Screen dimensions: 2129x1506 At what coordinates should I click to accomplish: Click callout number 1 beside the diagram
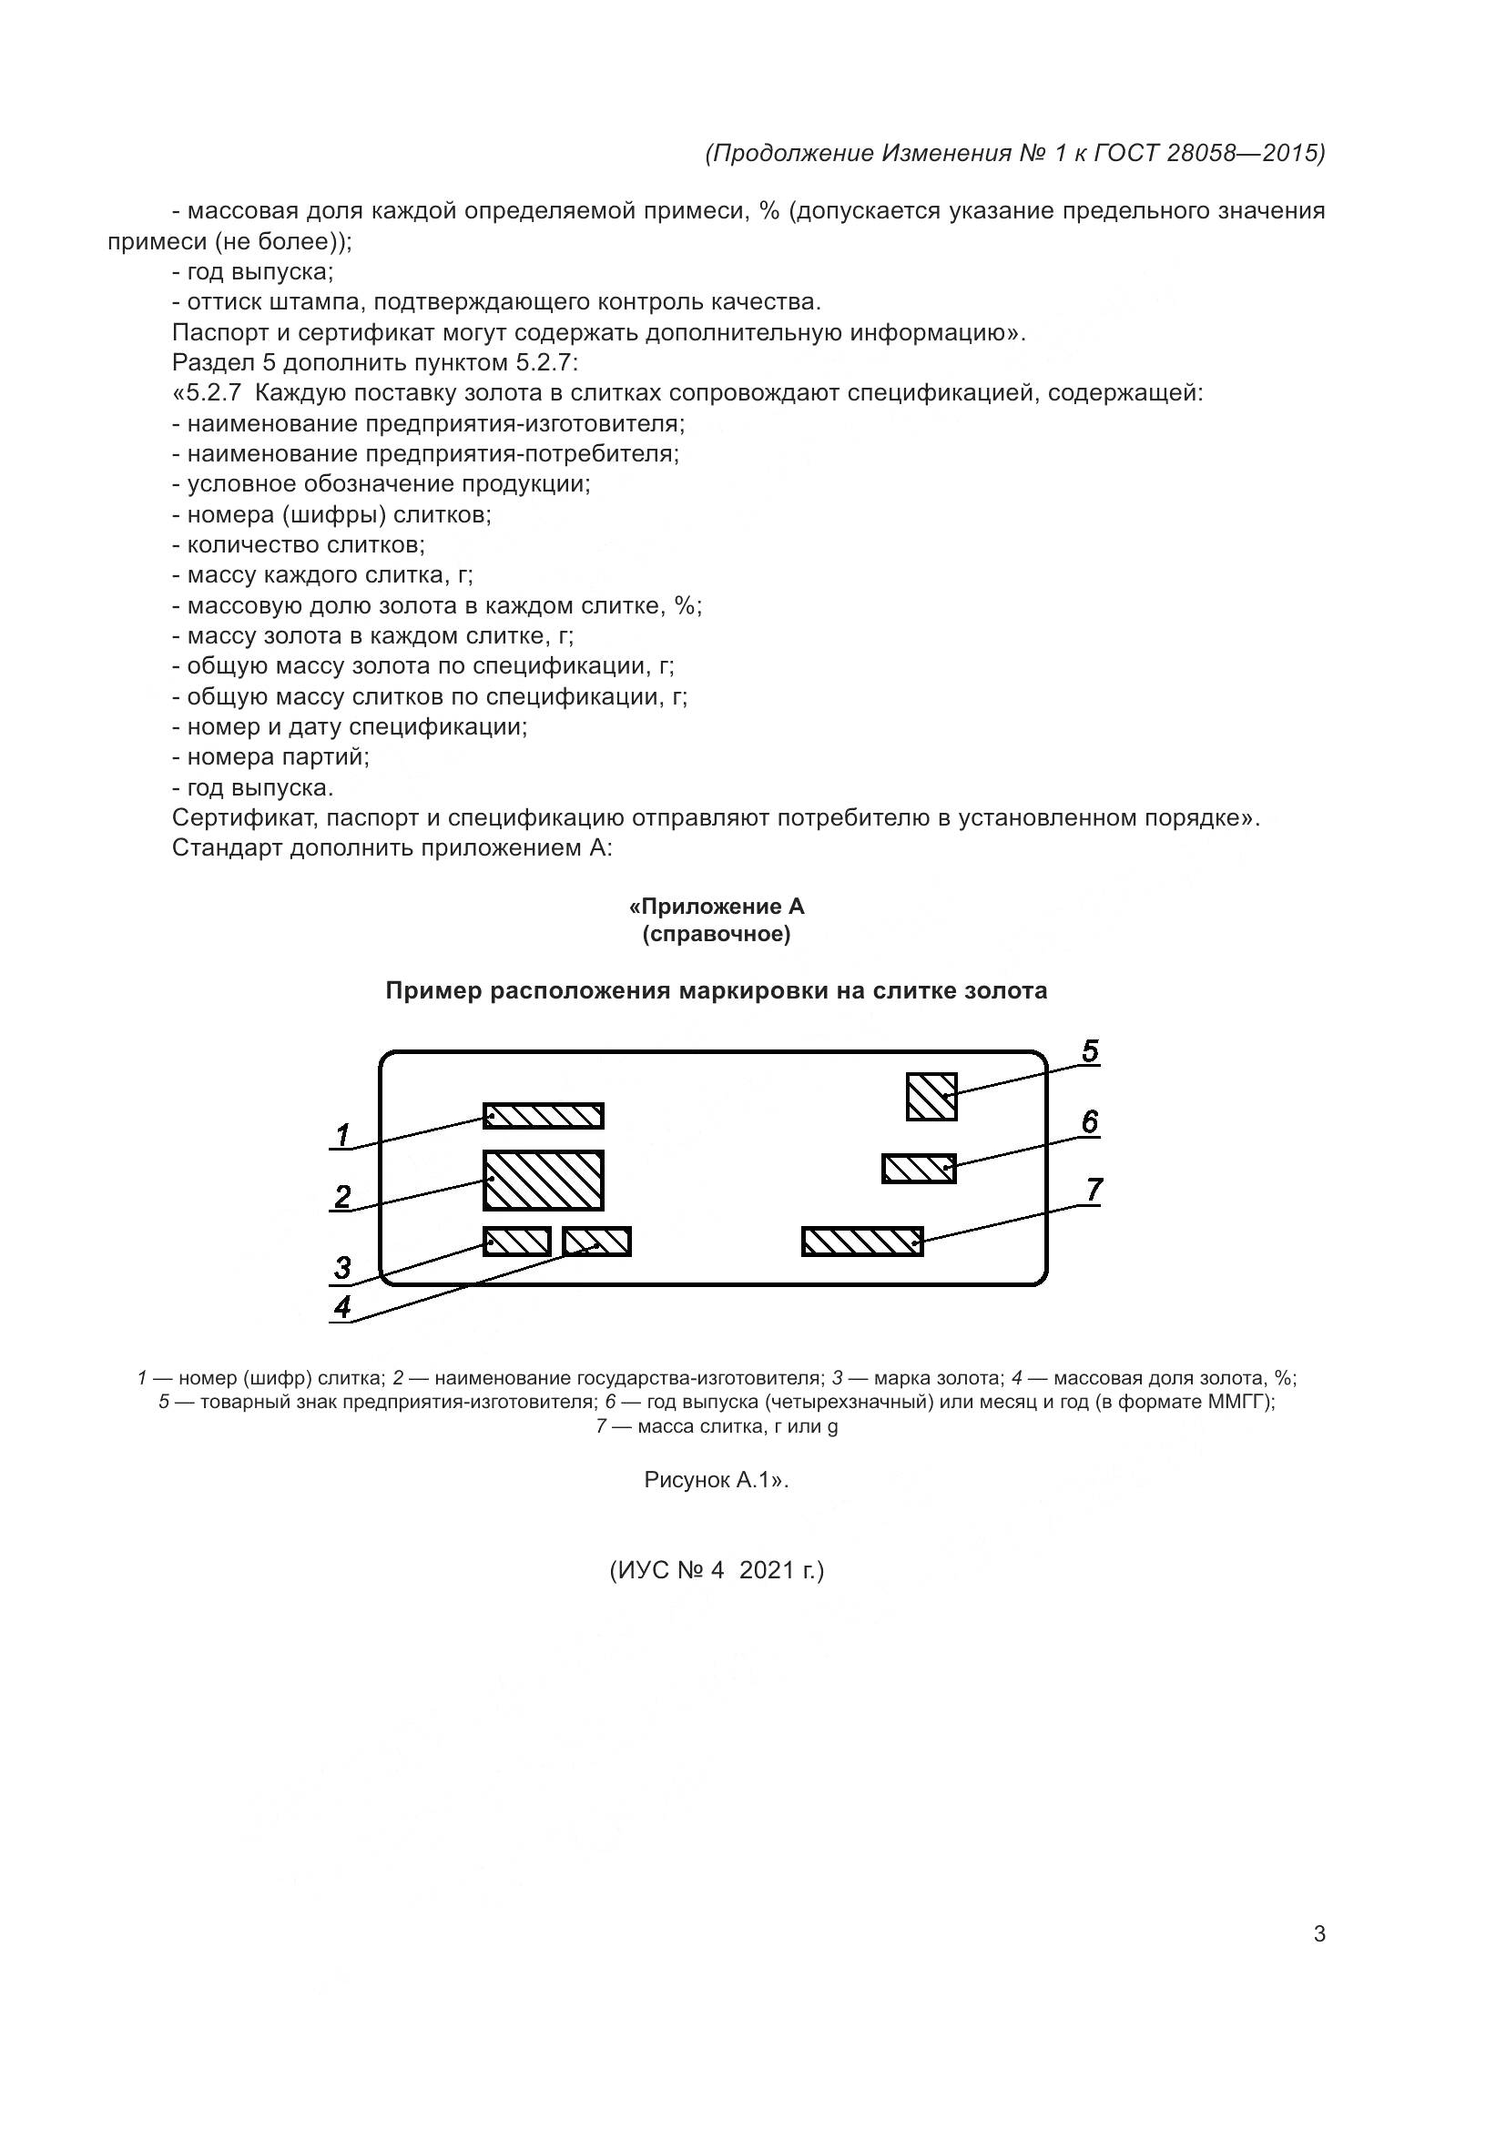click(342, 1134)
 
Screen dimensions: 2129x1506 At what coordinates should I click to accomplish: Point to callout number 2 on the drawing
click(342, 1196)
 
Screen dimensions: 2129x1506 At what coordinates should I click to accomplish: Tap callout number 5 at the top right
click(1090, 1051)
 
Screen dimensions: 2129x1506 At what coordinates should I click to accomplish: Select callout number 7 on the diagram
click(1094, 1190)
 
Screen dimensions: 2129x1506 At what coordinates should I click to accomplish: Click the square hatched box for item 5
click(931, 1096)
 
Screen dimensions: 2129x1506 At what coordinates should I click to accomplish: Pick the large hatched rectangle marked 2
click(544, 1181)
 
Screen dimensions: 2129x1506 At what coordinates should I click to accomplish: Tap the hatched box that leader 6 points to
click(918, 1169)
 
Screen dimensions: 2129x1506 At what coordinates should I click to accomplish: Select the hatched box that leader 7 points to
click(862, 1242)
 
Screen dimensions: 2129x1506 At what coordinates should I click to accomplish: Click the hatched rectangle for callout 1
click(544, 1116)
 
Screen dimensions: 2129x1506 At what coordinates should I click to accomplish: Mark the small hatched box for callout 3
click(516, 1242)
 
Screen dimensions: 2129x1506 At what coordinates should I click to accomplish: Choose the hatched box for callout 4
click(597, 1242)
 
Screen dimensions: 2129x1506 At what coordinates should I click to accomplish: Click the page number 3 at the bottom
click(1319, 1934)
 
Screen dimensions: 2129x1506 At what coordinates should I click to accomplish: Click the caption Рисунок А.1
click(714, 1480)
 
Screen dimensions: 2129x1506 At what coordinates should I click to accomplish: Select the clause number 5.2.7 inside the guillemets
click(213, 393)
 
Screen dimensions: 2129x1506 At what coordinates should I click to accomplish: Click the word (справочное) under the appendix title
click(717, 934)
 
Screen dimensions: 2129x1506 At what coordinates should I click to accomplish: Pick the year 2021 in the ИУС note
click(767, 1570)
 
